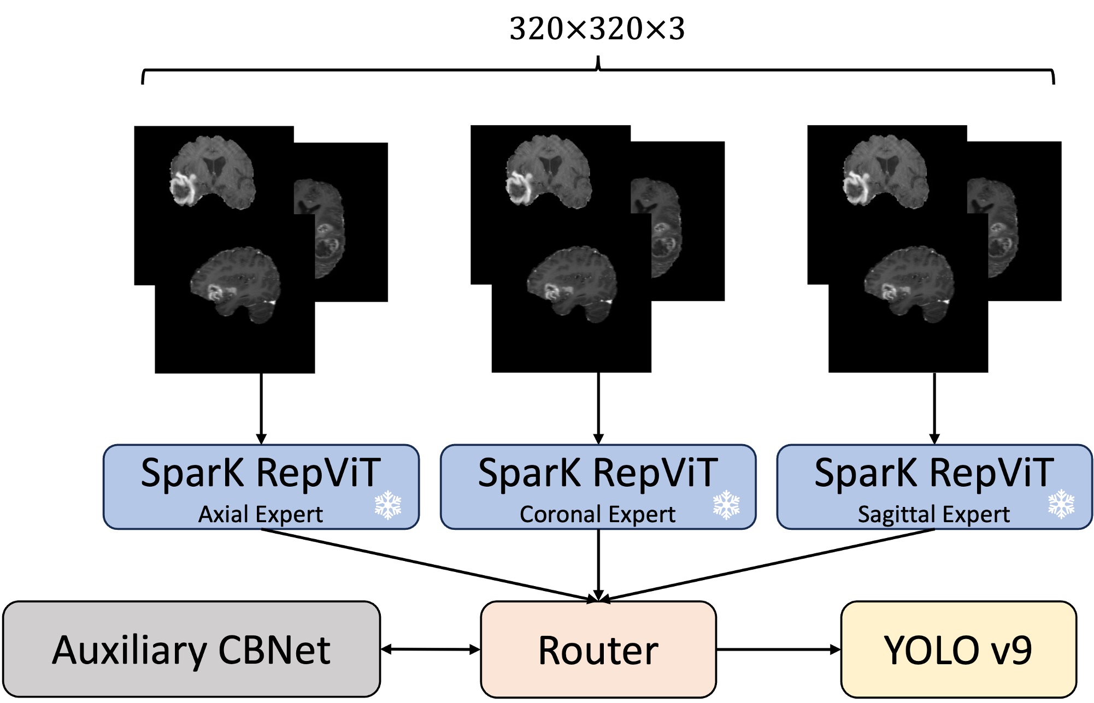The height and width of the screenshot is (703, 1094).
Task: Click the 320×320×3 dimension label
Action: click(597, 29)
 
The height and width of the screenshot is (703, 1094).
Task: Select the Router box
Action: click(598, 649)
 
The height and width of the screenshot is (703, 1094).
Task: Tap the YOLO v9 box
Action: click(958, 649)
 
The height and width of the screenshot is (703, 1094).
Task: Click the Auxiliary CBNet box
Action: click(191, 649)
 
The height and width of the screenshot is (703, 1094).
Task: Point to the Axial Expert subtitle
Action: click(261, 514)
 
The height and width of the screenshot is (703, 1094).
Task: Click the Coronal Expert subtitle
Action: click(597, 514)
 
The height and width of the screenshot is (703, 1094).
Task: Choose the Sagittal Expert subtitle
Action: click(933, 514)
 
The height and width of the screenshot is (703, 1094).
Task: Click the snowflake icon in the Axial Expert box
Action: click(388, 504)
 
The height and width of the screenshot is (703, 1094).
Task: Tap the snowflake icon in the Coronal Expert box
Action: click(726, 504)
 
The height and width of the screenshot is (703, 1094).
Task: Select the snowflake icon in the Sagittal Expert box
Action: click(1061, 504)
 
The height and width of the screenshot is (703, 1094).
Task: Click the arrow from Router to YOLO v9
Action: click(778, 649)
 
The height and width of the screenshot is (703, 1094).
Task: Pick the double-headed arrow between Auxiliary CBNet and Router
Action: click(431, 649)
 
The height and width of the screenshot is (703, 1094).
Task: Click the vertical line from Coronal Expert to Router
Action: click(598, 563)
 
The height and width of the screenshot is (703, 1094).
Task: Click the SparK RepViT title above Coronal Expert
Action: click(597, 473)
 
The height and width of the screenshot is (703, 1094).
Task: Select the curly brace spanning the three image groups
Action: click(598, 70)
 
